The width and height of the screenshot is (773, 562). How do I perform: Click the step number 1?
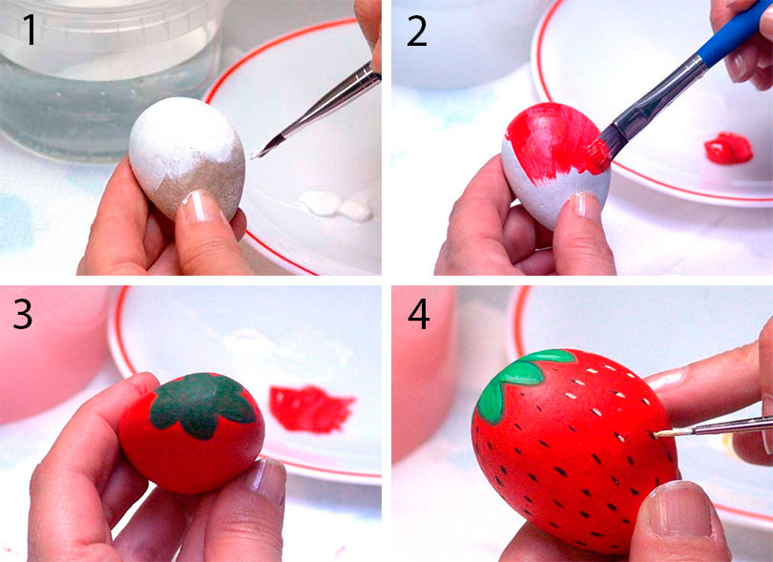click(x=31, y=31)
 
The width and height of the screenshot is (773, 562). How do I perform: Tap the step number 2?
click(x=417, y=31)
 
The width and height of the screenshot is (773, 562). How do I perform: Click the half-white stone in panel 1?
click(x=187, y=156)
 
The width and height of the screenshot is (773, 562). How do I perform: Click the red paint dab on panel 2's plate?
click(x=729, y=148)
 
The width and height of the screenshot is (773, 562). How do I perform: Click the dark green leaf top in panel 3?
click(x=201, y=405)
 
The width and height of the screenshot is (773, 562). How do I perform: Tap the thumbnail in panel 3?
click(x=267, y=481)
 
